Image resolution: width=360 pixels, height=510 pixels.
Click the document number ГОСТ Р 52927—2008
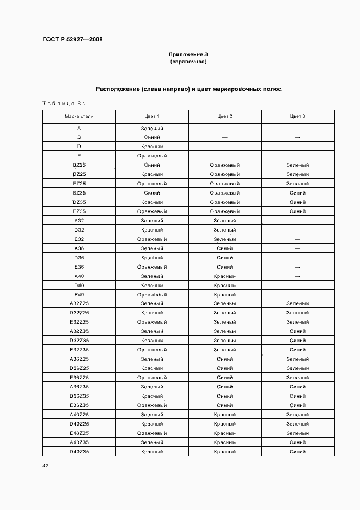click(x=72, y=40)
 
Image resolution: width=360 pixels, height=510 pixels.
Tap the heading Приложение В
click(x=188, y=54)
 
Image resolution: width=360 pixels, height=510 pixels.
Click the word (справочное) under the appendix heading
click(x=188, y=62)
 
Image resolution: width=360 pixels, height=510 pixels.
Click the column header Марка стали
click(x=79, y=116)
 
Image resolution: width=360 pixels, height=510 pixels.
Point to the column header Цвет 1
click(x=152, y=116)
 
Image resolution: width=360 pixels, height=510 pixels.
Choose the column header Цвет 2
click(x=225, y=116)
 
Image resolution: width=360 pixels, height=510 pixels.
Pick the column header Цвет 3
click(x=297, y=116)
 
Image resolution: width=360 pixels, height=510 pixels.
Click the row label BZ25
click(x=79, y=165)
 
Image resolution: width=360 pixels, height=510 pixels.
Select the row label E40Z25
click(x=79, y=433)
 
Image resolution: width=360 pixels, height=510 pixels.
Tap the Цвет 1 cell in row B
click(x=152, y=137)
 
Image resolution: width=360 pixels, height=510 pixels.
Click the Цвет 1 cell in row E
click(x=152, y=156)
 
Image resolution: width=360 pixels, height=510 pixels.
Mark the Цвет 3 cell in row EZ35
click(x=297, y=211)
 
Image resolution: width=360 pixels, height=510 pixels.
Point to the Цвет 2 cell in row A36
click(x=225, y=248)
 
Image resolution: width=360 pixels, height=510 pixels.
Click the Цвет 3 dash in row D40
click(x=297, y=286)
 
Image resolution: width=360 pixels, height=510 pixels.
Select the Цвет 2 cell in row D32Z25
click(x=225, y=313)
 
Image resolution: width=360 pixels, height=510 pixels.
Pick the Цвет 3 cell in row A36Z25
click(x=297, y=359)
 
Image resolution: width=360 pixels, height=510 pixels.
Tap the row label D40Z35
click(x=79, y=452)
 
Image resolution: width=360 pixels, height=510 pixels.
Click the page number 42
click(x=45, y=466)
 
